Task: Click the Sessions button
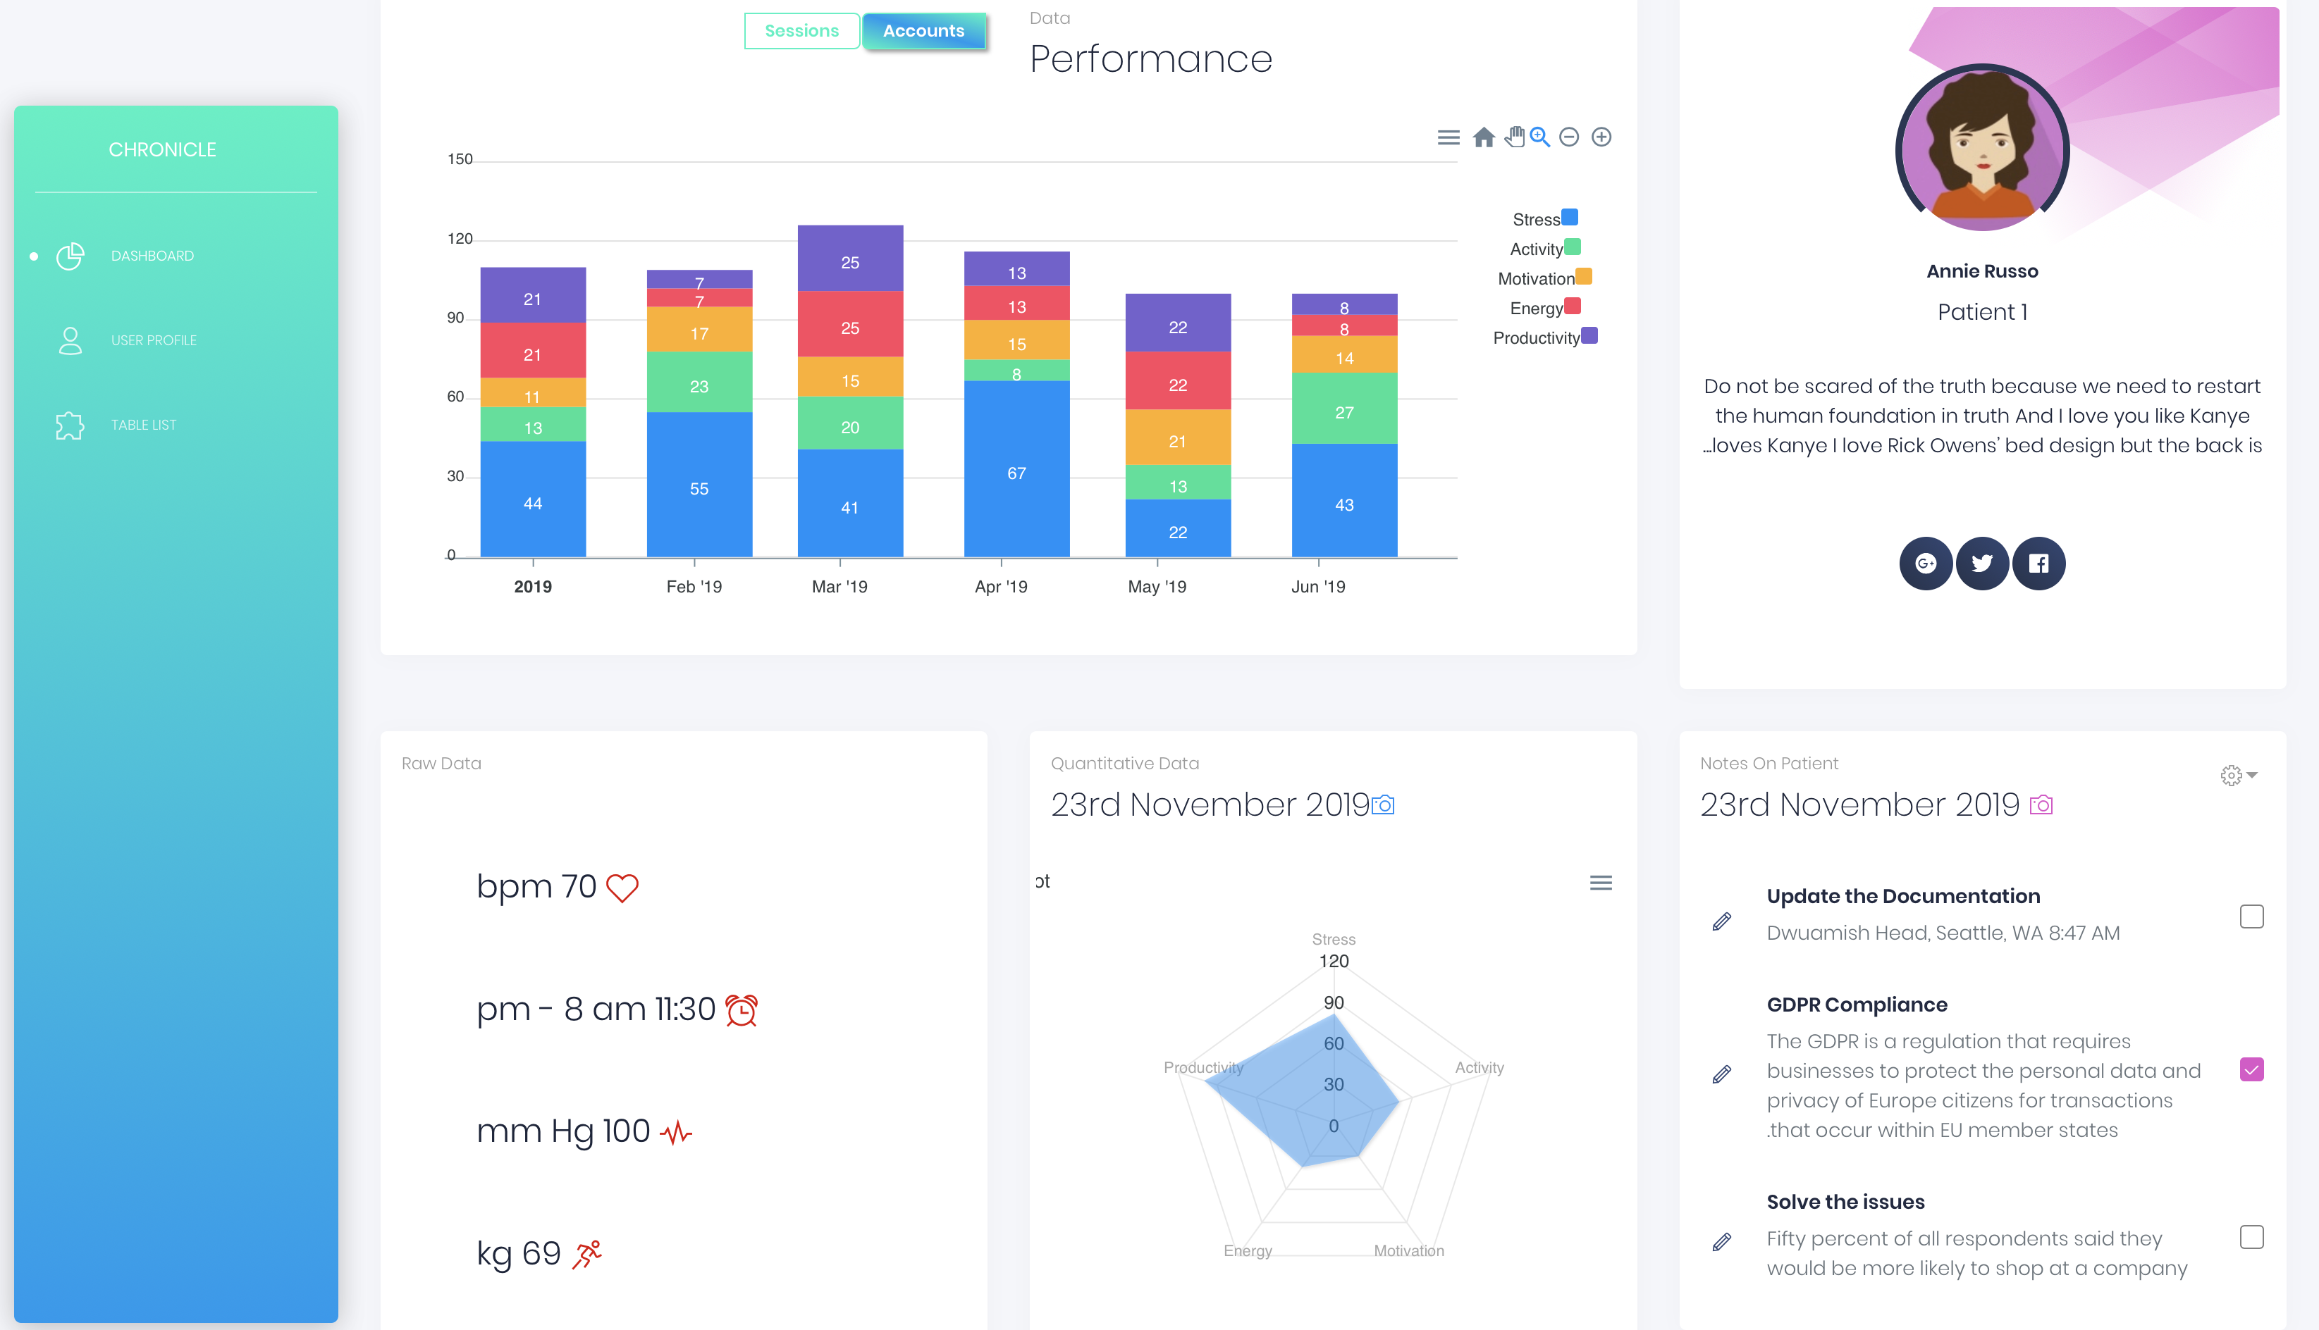click(x=801, y=31)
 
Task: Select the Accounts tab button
click(x=924, y=31)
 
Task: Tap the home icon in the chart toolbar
click(x=1484, y=137)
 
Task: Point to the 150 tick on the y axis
click(x=460, y=160)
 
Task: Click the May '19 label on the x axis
click(x=1157, y=586)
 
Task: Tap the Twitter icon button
click(x=1982, y=564)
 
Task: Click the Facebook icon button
click(x=2038, y=564)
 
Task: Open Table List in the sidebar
click(x=144, y=425)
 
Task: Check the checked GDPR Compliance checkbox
click(x=2251, y=1069)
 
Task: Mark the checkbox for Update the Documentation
click(x=2251, y=916)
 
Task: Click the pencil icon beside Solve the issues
click(x=1721, y=1241)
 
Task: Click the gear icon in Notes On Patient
click(x=2232, y=776)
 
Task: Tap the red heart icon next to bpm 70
click(x=622, y=888)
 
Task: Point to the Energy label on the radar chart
click(x=1247, y=1250)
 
